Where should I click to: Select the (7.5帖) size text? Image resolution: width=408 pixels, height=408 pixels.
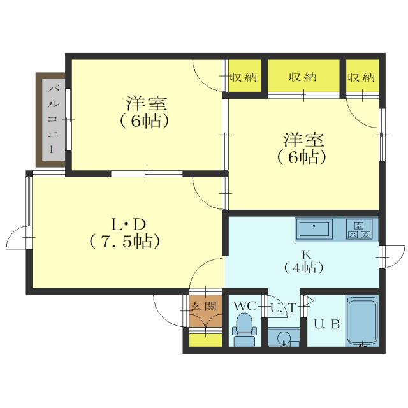click(x=124, y=242)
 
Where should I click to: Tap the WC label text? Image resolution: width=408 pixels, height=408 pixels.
click(x=244, y=306)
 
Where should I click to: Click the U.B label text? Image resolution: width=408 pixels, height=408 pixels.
click(x=326, y=324)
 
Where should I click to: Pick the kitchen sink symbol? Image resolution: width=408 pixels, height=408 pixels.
click(x=314, y=228)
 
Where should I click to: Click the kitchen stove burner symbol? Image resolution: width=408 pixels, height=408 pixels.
click(x=360, y=229)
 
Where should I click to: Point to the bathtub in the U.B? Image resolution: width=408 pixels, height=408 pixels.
click(x=361, y=321)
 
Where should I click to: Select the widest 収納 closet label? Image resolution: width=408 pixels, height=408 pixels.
click(x=302, y=77)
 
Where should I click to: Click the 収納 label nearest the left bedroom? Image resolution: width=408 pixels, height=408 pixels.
click(x=243, y=77)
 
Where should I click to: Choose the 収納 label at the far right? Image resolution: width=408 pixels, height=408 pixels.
click(x=361, y=77)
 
